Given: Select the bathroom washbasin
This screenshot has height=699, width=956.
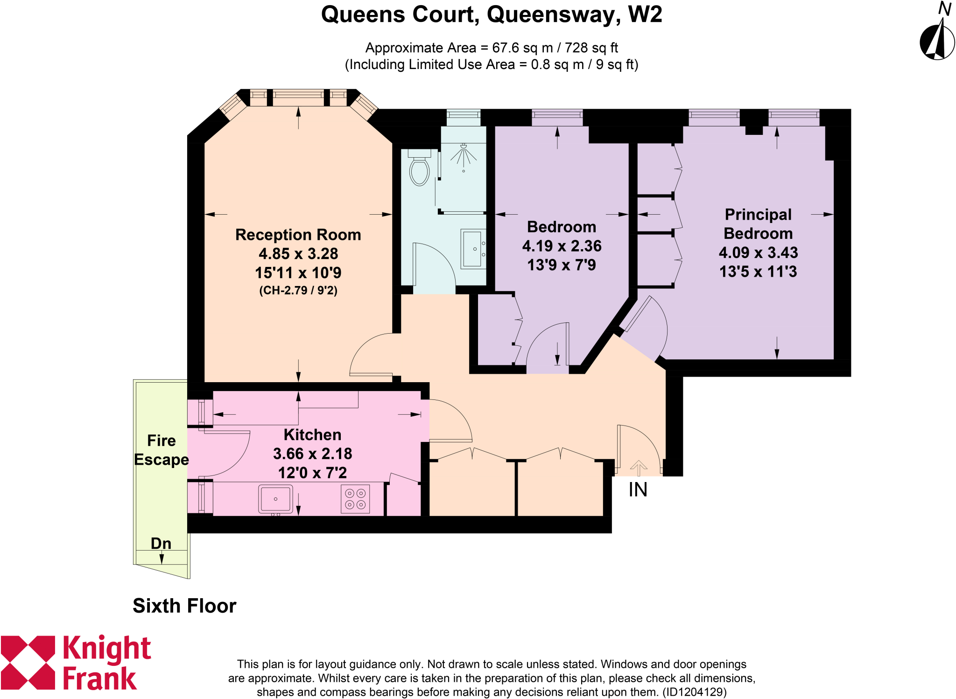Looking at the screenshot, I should tap(473, 249).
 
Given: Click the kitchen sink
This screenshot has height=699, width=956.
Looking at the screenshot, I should tap(275, 499).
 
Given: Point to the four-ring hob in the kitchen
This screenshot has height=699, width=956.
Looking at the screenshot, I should tap(355, 499).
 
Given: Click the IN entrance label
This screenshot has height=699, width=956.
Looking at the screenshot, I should tap(638, 489).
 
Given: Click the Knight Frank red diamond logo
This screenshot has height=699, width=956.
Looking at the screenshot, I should tap(28, 662).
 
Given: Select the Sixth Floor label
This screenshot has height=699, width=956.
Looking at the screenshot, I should tap(184, 606).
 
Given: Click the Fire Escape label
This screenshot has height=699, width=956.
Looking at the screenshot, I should tap(162, 450).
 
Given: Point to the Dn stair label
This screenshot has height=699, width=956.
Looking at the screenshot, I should tap(161, 543).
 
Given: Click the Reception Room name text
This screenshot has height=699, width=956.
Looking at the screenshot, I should tap(298, 234).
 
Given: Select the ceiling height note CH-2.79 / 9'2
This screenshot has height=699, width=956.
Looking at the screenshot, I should tap(298, 290).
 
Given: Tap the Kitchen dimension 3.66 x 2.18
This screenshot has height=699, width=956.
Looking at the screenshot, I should tap(312, 454).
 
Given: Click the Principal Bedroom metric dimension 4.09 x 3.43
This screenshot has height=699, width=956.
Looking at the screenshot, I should tap(758, 252).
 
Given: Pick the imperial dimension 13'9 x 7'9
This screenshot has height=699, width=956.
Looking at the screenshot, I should tap(561, 265).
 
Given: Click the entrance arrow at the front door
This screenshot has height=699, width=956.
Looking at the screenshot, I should tap(639, 467).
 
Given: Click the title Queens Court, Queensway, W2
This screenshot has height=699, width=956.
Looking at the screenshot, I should tap(491, 14).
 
